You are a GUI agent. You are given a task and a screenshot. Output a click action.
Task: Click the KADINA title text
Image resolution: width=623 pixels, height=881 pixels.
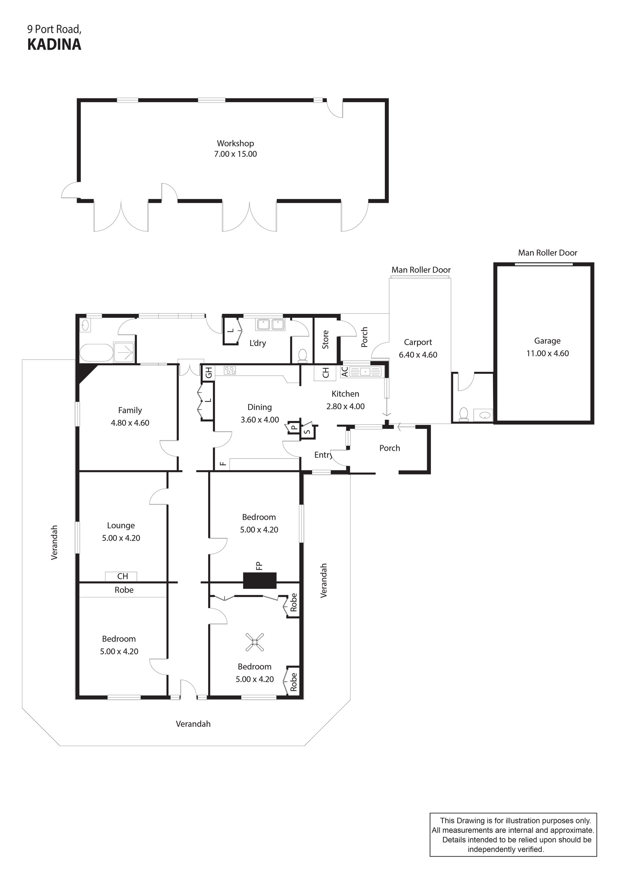[54, 44]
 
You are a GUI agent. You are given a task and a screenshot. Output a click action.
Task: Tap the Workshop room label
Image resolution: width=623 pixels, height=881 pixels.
[235, 143]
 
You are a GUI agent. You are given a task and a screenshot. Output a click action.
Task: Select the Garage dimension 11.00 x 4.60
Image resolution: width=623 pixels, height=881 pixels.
[547, 353]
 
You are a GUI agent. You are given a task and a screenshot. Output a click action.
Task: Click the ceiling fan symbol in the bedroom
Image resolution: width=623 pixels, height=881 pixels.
[255, 642]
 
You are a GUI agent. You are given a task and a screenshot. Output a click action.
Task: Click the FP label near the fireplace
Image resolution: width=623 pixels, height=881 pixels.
[259, 566]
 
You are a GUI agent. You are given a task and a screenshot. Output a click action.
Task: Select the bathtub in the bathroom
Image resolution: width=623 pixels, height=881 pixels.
[96, 352]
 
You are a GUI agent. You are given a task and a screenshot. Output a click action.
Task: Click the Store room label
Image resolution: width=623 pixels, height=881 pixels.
[325, 340]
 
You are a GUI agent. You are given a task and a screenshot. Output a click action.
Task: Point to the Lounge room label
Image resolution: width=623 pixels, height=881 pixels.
[121, 525]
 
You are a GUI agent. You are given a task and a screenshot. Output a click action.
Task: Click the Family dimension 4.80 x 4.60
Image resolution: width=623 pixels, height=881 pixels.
[130, 423]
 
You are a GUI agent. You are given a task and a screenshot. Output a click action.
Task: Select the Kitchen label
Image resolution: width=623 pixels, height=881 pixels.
[345, 394]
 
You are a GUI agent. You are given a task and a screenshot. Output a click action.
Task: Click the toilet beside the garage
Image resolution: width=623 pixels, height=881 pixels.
[463, 414]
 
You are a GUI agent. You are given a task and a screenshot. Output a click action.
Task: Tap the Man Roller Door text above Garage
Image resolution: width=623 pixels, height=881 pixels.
[547, 252]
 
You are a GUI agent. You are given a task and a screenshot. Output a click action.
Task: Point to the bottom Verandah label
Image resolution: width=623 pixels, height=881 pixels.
[193, 724]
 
